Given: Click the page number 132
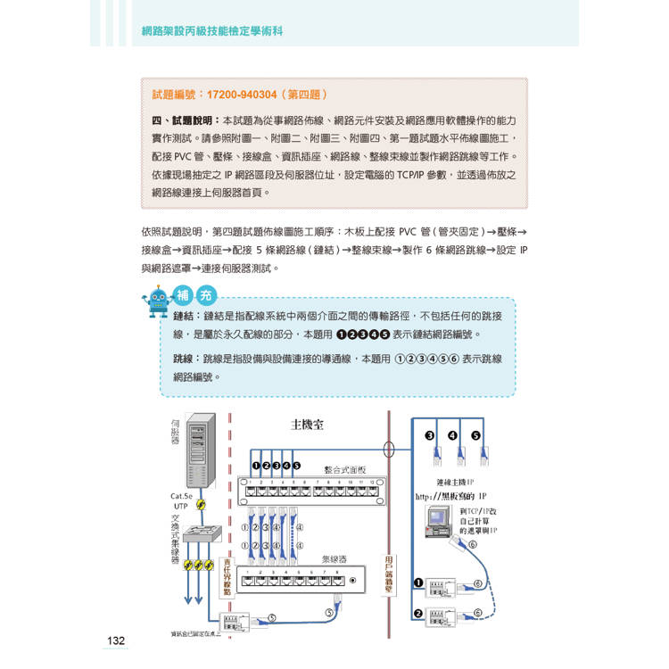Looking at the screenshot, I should pos(116,640).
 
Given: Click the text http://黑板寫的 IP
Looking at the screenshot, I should pos(450,496).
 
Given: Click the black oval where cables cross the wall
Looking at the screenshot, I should pos(387,449).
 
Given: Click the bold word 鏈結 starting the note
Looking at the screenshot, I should pos(186,317).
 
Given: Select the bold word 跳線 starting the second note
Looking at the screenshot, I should pos(186,359).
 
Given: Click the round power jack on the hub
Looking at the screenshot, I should pos(360,581).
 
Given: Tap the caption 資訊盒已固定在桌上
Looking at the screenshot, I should pos(195,634).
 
